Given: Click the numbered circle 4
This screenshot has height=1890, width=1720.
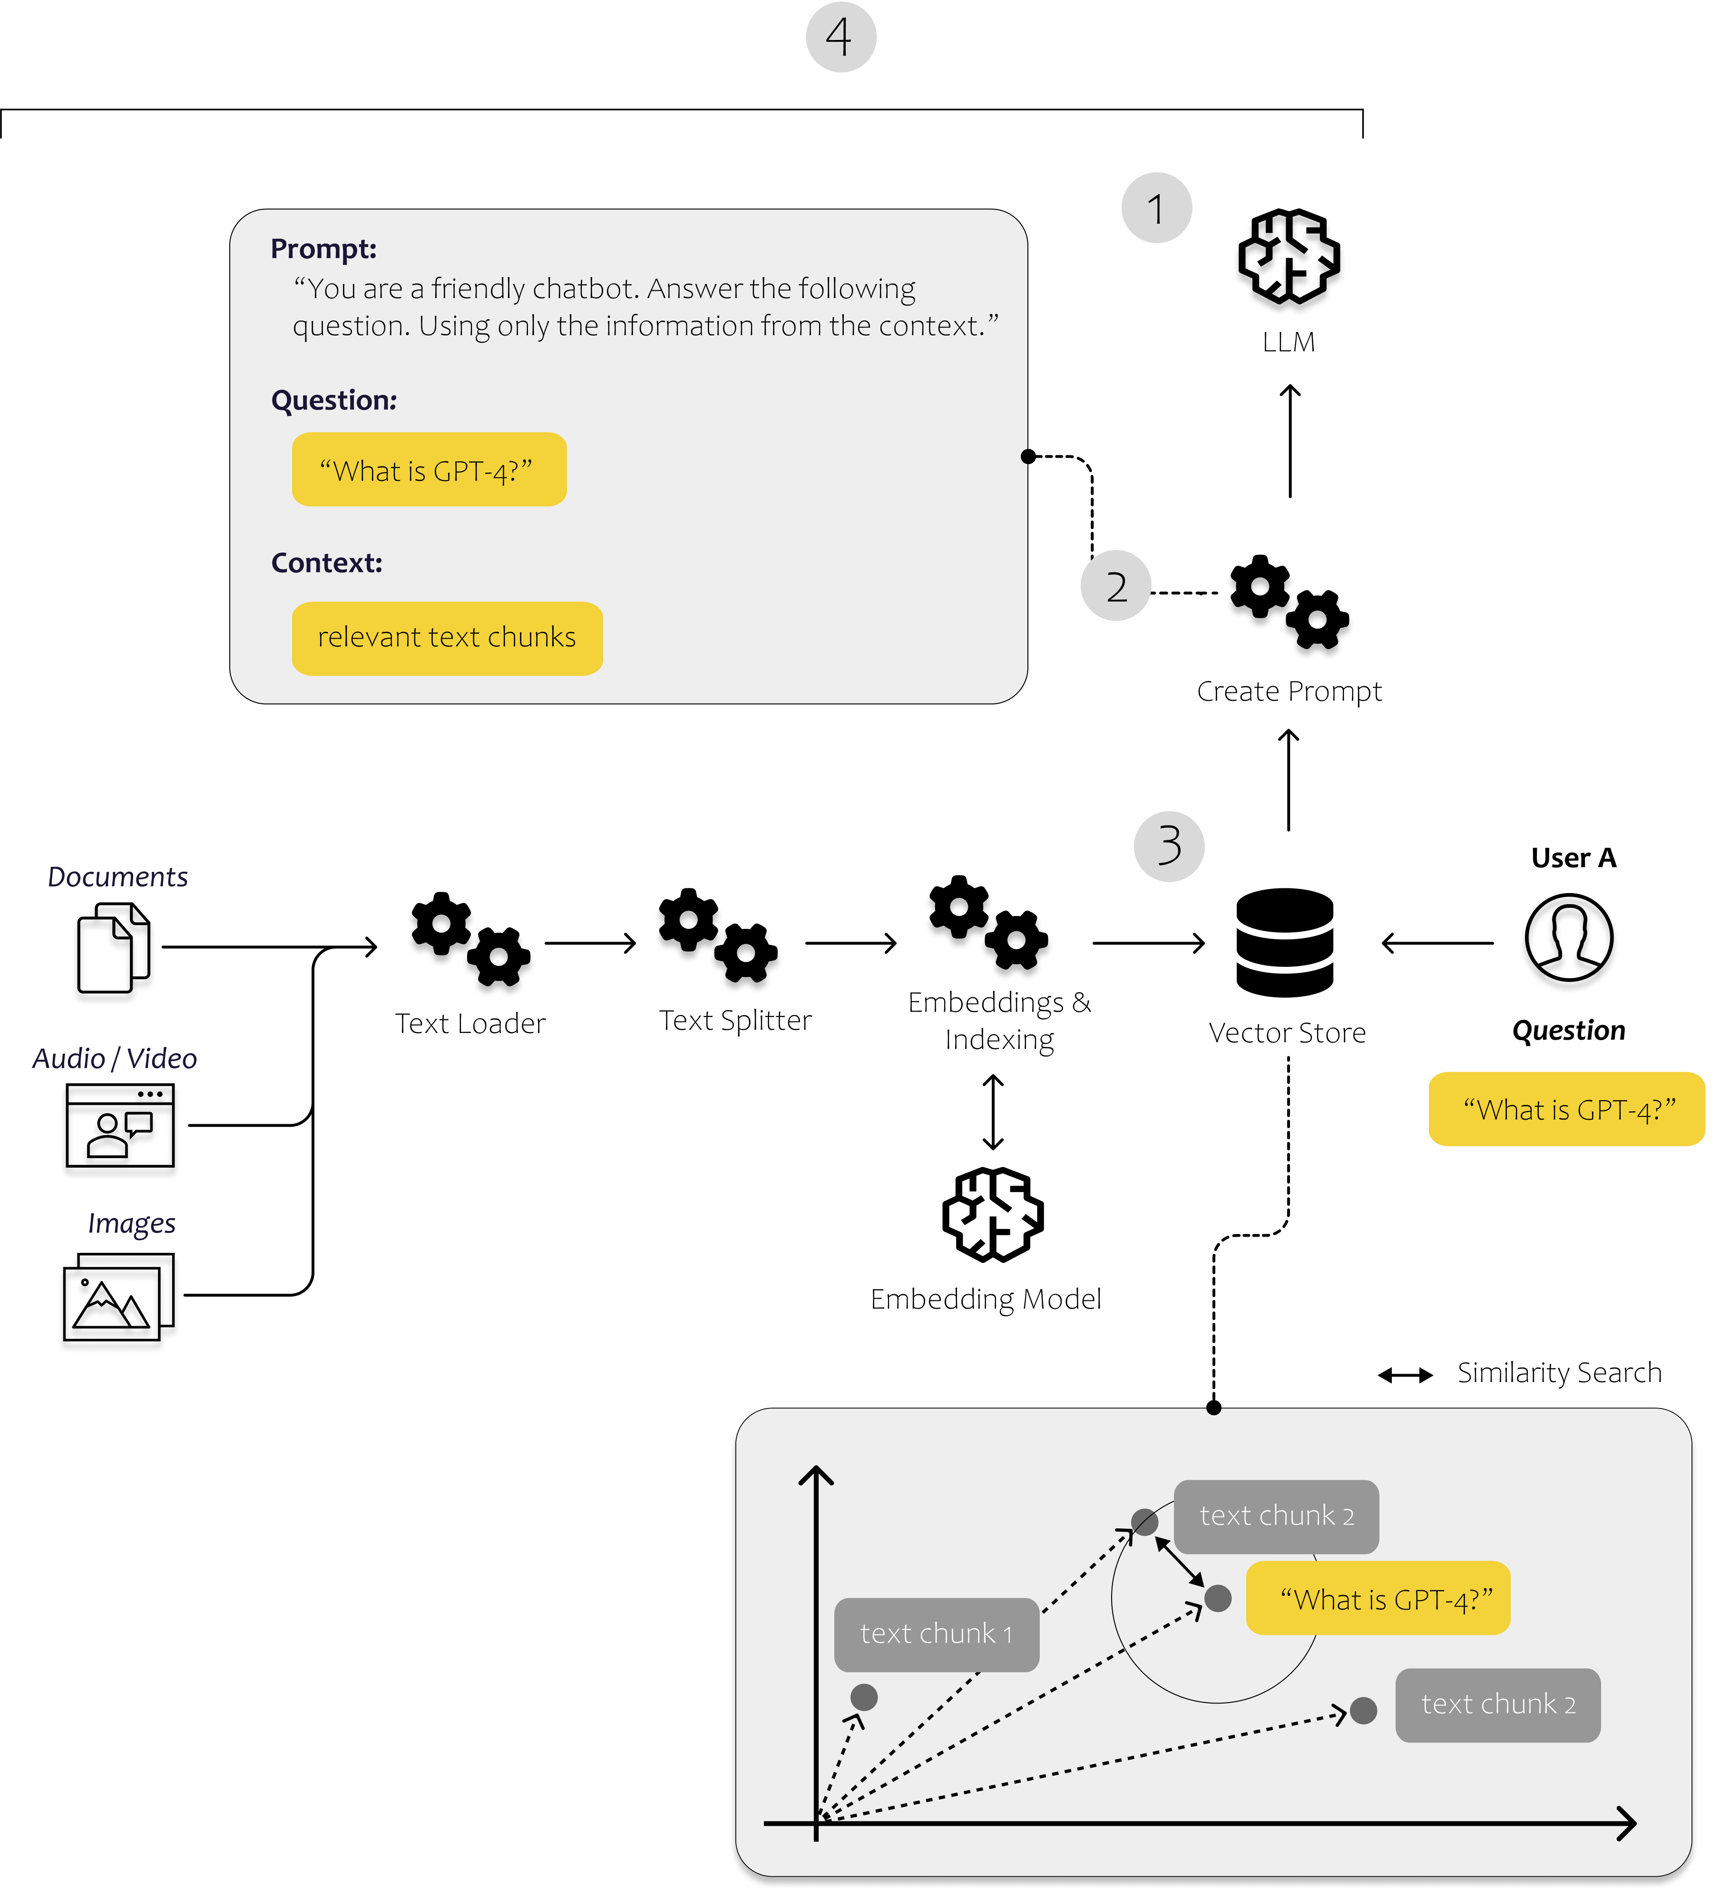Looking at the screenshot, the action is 841,37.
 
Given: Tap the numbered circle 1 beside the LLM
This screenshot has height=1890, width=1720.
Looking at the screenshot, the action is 1157,208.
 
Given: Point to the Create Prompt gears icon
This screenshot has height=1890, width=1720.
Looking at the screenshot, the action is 1289,602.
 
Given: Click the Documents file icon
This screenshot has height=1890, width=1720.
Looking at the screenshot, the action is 113,947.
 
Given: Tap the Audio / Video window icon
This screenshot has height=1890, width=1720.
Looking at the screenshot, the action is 120,1125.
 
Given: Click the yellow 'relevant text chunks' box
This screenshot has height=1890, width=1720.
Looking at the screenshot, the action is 447,639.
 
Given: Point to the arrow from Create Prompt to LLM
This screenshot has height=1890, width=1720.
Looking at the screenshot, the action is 1290,441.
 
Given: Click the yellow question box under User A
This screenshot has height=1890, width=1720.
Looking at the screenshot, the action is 1566,1109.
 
